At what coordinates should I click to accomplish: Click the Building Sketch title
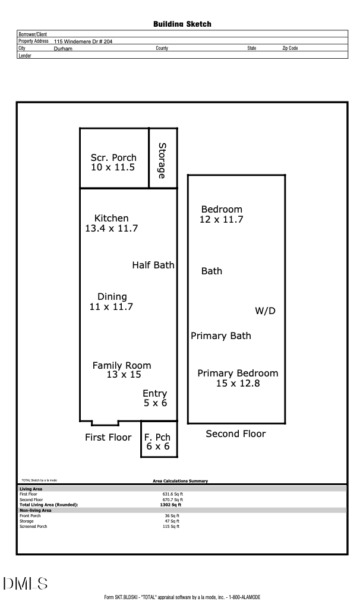pyautogui.click(x=182, y=24)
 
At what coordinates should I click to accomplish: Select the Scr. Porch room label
pyautogui.click(x=113, y=158)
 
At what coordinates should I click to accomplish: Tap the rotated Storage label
pyautogui.click(x=162, y=160)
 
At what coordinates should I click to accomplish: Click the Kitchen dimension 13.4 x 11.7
pyautogui.click(x=112, y=229)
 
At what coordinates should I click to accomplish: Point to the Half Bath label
pyautogui.click(x=153, y=265)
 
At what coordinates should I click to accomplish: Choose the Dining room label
pyautogui.click(x=112, y=297)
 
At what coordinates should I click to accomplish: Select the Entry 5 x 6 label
pyautogui.click(x=155, y=398)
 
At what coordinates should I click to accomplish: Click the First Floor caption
pyautogui.click(x=108, y=438)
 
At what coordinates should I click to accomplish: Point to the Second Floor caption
pyautogui.click(x=236, y=434)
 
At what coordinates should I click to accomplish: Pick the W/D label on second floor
pyautogui.click(x=266, y=311)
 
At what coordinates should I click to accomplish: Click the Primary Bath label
pyautogui.click(x=221, y=336)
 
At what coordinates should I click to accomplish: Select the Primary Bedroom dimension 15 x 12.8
pyautogui.click(x=238, y=384)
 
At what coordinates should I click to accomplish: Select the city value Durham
pyautogui.click(x=63, y=48)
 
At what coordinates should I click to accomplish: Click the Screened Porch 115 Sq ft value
pyautogui.click(x=171, y=527)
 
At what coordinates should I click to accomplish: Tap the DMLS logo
pyautogui.click(x=25, y=584)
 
